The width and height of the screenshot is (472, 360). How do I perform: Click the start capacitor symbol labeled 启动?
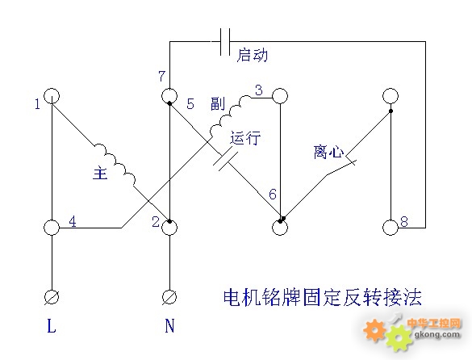click(x=225, y=42)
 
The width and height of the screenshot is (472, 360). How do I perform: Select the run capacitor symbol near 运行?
click(x=226, y=161)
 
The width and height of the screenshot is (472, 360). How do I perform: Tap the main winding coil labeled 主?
click(x=115, y=164)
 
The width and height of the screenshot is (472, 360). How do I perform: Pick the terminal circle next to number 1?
click(x=52, y=96)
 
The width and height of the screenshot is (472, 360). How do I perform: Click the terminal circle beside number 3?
click(x=280, y=96)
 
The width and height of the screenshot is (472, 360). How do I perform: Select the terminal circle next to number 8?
click(x=391, y=228)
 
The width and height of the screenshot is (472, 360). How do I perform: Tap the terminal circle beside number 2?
click(x=169, y=228)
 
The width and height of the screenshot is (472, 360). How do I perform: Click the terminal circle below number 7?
click(x=169, y=96)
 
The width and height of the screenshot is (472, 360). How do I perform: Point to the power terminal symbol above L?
click(x=52, y=297)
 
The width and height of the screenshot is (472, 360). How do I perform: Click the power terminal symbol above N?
click(x=169, y=297)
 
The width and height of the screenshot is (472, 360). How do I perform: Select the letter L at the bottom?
click(x=52, y=325)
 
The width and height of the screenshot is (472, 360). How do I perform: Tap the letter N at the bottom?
click(x=169, y=325)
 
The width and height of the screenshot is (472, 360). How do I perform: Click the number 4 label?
click(x=73, y=221)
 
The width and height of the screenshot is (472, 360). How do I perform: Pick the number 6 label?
click(x=273, y=195)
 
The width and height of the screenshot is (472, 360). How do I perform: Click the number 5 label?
click(x=190, y=103)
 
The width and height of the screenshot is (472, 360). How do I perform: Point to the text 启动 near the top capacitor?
click(x=253, y=55)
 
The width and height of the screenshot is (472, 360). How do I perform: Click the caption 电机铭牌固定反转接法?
click(x=323, y=297)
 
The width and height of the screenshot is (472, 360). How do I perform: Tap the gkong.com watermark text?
click(x=437, y=334)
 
